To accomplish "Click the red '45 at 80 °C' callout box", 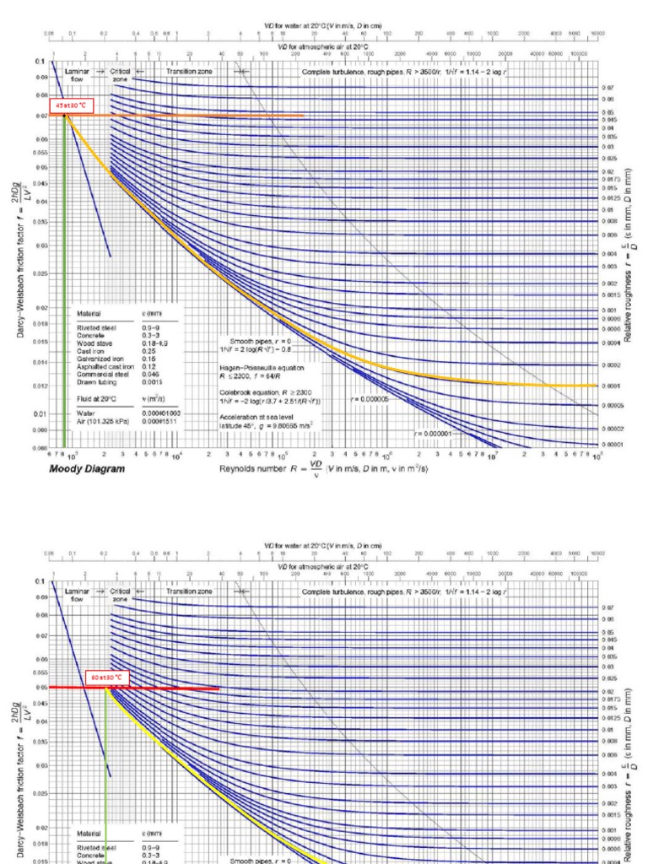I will click(71, 107).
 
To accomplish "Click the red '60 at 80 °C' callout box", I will click(107, 677).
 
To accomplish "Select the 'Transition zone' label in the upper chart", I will click(190, 73).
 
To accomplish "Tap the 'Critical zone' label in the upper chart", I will click(121, 76).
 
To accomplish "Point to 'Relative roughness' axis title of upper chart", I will click(628, 253).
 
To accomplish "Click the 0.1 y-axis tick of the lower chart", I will click(39, 581).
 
